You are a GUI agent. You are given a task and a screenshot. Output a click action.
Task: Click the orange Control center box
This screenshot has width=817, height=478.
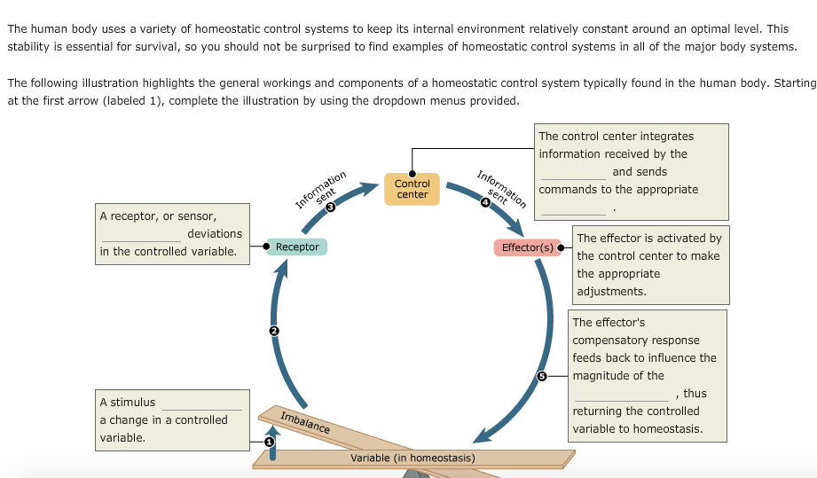tap(412, 189)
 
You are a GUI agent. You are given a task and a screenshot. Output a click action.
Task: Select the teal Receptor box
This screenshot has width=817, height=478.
tap(297, 247)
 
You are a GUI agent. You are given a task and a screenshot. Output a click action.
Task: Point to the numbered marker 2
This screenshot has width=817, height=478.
tap(274, 331)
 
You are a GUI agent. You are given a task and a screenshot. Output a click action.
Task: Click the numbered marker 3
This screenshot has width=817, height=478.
tap(331, 207)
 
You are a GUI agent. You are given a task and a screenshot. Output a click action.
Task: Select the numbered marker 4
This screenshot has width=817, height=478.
tap(484, 202)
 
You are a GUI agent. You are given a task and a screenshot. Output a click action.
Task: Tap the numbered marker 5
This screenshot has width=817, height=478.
tap(542, 376)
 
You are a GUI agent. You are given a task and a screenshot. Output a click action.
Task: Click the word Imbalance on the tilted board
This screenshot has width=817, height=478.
tap(304, 423)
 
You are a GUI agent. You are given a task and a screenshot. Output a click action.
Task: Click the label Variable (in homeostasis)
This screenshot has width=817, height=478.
tap(412, 458)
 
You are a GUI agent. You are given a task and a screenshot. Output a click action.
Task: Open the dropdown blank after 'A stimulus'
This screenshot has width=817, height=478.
tap(201, 404)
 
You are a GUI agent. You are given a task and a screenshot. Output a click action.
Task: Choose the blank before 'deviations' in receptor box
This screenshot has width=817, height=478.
tap(141, 235)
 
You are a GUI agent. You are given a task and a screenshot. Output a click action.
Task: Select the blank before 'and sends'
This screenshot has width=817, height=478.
tap(573, 173)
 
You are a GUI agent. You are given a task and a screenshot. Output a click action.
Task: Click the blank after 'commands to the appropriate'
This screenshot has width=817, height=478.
tap(574, 208)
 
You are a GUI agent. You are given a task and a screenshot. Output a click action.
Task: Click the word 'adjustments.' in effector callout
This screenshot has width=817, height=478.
tap(611, 291)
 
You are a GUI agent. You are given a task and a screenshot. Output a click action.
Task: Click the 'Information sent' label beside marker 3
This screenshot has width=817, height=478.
tap(320, 188)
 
